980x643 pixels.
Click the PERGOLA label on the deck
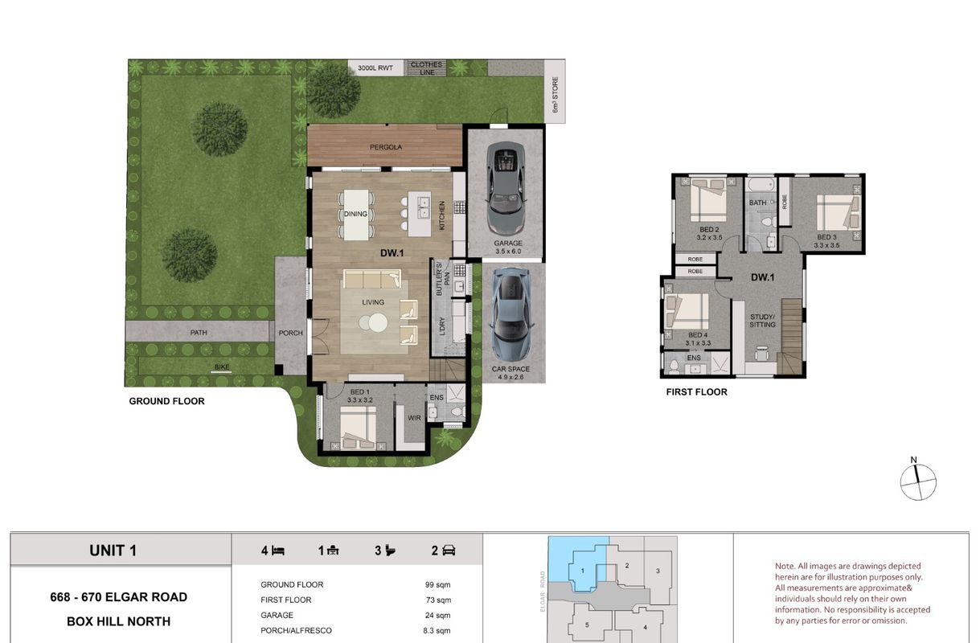(385, 147)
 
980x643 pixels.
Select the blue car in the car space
(511, 314)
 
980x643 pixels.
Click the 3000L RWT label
(375, 68)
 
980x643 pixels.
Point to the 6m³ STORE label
(556, 95)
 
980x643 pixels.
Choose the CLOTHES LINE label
(427, 68)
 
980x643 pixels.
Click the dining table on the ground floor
(355, 215)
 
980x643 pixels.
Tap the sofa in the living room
(372, 279)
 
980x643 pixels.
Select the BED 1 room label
(359, 392)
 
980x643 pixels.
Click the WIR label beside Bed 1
(414, 418)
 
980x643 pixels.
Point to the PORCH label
(290, 333)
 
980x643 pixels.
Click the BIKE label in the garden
(222, 367)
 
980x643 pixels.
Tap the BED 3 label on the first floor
(826, 237)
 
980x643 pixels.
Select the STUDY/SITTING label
(762, 321)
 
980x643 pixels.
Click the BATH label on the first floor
(757, 203)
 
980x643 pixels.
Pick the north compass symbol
(918, 481)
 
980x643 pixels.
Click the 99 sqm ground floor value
(437, 585)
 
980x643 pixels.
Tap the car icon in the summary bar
(449, 551)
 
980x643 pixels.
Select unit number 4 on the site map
(645, 627)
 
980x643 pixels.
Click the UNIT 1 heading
(113, 551)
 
